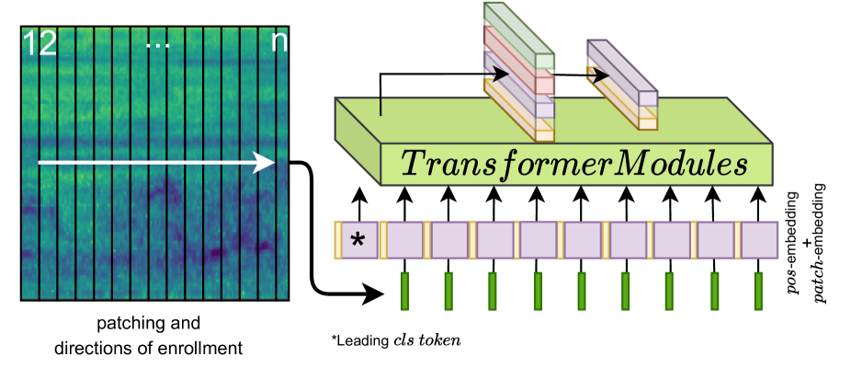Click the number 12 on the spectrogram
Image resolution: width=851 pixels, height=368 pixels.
(x=39, y=43)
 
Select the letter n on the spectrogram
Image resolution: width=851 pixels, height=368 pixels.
(x=278, y=43)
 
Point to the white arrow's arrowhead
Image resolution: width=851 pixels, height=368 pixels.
(x=266, y=163)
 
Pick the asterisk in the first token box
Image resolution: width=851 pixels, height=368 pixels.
(x=358, y=241)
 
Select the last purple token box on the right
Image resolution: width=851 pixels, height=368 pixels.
(x=760, y=240)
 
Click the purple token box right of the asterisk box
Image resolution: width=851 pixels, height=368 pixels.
(x=405, y=240)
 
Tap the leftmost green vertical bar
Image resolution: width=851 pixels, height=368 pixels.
(x=404, y=291)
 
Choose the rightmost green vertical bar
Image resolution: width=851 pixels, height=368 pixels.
(x=758, y=291)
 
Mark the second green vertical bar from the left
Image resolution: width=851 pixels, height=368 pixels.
(x=448, y=291)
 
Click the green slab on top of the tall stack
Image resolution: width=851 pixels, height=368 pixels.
(x=520, y=37)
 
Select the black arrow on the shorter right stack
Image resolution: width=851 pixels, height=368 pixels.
(x=599, y=75)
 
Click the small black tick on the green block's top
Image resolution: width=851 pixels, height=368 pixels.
(x=380, y=107)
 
